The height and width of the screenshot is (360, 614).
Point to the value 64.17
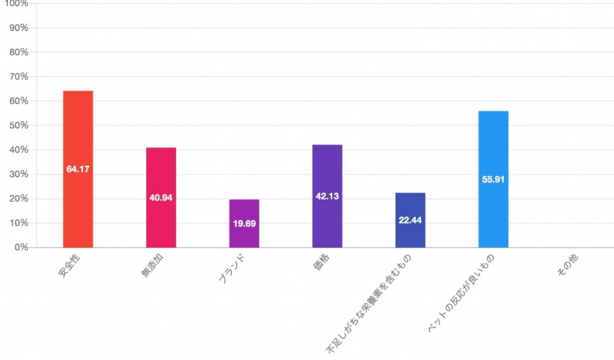pos(78,169)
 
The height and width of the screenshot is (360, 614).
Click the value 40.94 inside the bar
pos(161,199)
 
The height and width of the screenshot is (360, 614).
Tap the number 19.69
pos(244,224)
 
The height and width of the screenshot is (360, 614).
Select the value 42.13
pos(327,196)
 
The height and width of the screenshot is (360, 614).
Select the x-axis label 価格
pos(320,265)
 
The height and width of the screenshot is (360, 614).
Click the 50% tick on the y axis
pos(18,125)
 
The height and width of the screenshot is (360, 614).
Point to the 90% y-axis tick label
pos(18,28)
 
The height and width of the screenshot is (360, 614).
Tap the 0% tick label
pos(20,248)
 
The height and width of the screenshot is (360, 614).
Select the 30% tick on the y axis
pos(18,175)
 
